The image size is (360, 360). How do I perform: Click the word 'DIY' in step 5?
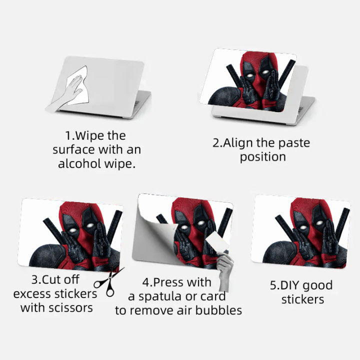[293, 285]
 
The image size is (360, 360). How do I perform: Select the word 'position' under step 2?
[262, 156]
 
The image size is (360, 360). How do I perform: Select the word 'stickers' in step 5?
[302, 299]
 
